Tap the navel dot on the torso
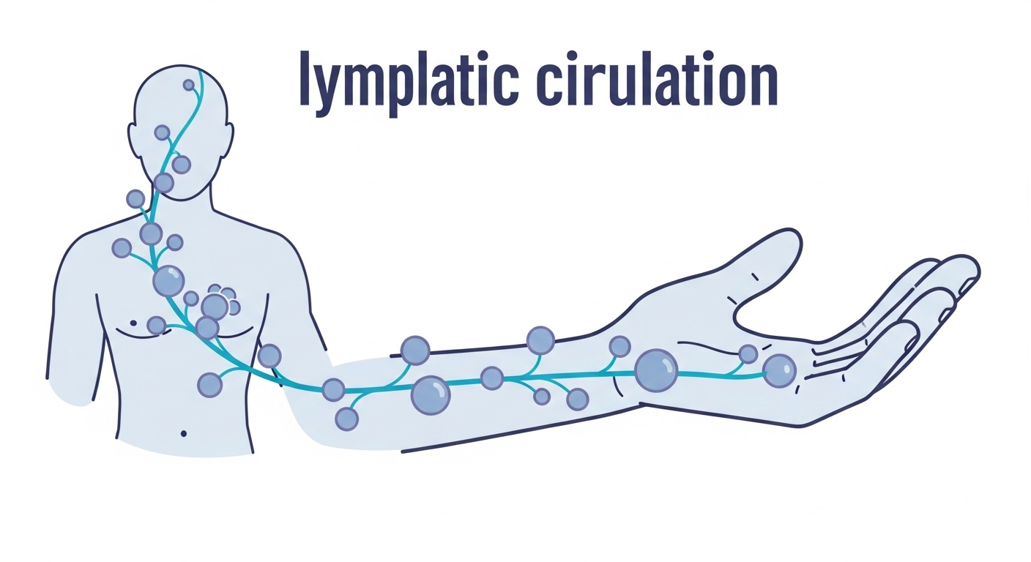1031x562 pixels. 183,434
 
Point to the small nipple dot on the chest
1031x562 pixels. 133,322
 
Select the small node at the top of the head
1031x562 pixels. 189,85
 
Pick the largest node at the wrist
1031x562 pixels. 656,370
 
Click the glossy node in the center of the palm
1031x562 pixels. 778,370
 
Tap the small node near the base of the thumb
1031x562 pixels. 748,354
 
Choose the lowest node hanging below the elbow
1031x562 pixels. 346,419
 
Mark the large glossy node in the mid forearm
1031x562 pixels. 431,395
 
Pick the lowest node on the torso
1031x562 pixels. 209,385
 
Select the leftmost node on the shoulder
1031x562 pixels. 122,248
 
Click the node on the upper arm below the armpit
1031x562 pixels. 269,356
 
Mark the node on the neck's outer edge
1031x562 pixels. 135,198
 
